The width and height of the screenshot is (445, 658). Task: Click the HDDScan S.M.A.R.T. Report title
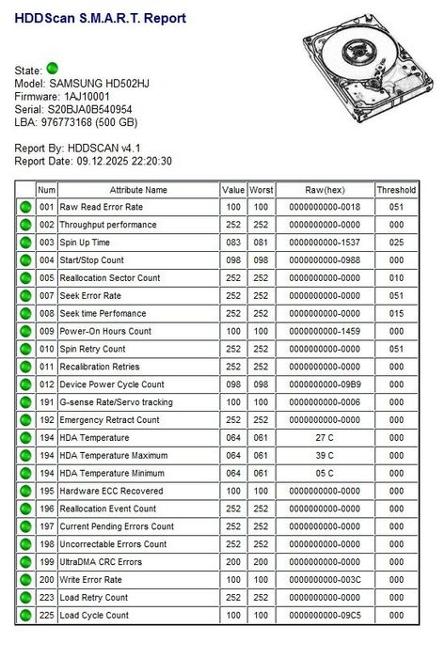coord(100,18)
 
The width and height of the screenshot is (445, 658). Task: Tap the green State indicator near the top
coord(53,69)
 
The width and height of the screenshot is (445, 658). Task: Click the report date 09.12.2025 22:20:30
coord(119,162)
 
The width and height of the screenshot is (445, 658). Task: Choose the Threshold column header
coord(396,190)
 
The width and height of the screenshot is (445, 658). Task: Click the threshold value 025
coord(396,243)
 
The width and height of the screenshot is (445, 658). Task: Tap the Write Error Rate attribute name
coord(90,580)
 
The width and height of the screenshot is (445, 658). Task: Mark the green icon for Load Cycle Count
coord(25,616)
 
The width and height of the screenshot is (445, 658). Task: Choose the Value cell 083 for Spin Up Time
coord(232,243)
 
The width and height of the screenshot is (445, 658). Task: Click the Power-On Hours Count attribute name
coord(105,332)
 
